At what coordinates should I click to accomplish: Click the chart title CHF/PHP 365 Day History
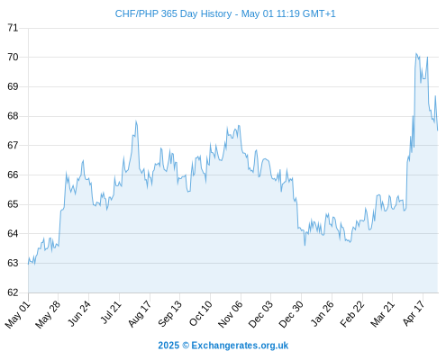173,13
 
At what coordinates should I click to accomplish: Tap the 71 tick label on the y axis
13,28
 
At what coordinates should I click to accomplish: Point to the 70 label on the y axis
13,57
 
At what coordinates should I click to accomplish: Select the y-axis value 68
13,116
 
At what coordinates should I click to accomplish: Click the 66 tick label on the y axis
13,175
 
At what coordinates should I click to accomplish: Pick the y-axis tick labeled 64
13,233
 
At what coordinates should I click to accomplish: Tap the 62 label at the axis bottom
13,292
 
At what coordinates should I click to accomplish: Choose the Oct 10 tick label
200,313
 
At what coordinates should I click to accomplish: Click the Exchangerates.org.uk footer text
240,346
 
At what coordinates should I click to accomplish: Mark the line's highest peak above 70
416,54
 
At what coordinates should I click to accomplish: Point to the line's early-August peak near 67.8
136,121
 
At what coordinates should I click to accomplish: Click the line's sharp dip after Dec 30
305,246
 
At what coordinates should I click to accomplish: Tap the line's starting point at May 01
28,265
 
